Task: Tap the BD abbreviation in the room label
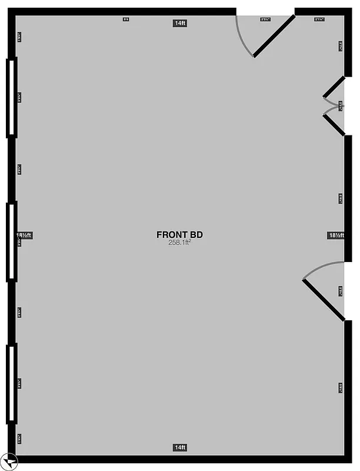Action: [x=196, y=234]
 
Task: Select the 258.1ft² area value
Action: [x=180, y=242]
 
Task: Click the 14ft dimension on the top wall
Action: [x=180, y=23]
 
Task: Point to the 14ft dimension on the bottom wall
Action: [x=180, y=447]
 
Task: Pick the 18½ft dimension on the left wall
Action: [x=24, y=235]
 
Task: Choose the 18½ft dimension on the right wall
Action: [x=336, y=235]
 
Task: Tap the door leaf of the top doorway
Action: [x=274, y=36]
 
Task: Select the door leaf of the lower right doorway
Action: [x=323, y=300]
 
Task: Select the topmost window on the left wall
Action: [x=11, y=97]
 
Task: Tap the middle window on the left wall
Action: [x=11, y=241]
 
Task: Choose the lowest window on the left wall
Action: [x=11, y=383]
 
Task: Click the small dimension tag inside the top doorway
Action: [x=265, y=19]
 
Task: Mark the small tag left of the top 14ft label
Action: [x=125, y=19]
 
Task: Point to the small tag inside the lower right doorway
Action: [x=341, y=290]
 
